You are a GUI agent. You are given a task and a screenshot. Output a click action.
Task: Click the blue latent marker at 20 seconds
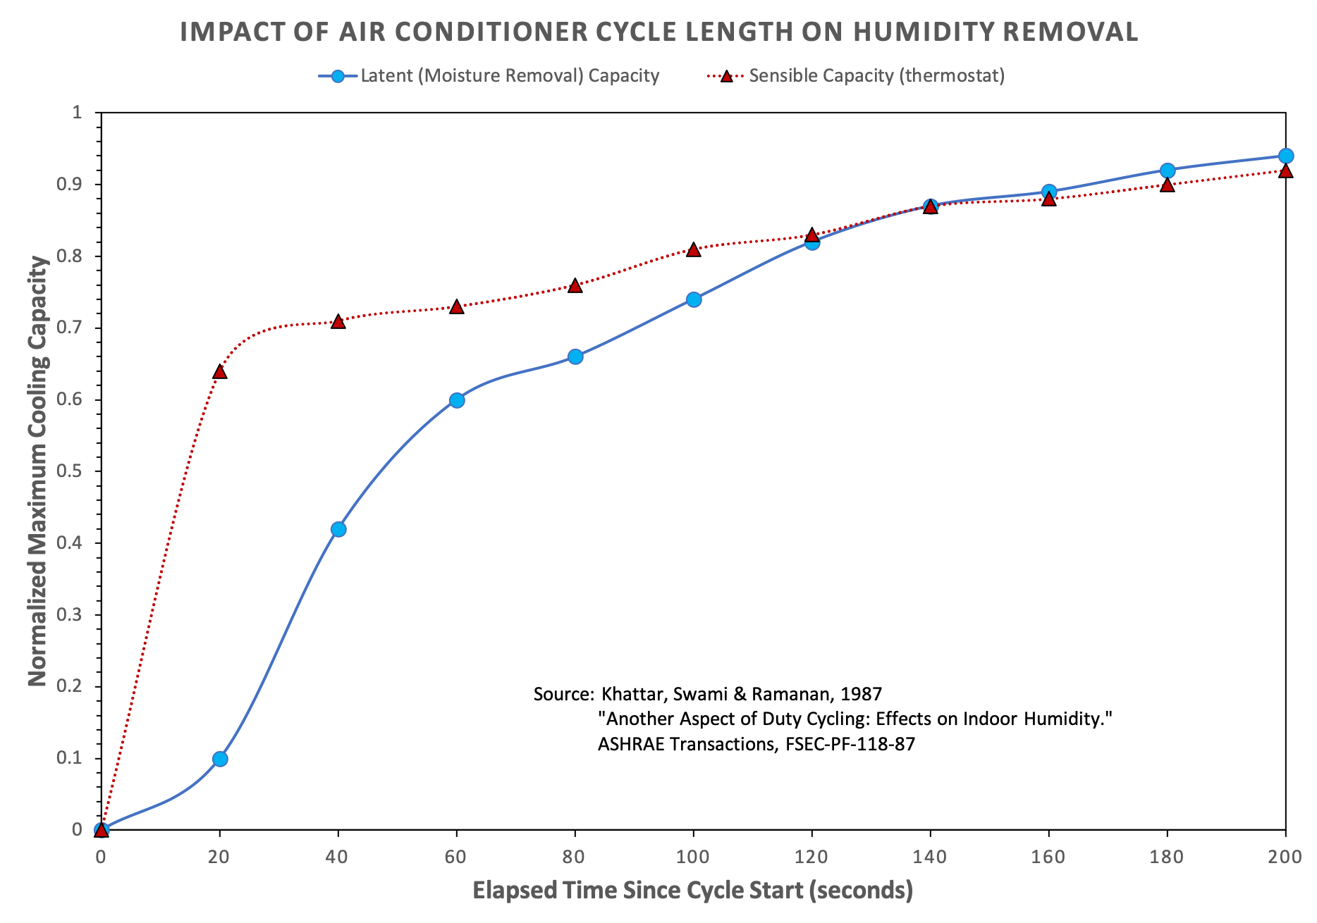220,759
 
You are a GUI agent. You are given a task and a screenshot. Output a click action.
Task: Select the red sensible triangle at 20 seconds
220,371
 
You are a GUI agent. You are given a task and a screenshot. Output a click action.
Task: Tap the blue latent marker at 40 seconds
338,529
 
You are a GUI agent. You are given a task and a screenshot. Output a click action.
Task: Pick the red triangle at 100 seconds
694,249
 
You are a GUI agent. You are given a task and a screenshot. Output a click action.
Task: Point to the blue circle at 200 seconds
1286,156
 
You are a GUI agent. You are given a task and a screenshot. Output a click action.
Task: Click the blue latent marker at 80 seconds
575,357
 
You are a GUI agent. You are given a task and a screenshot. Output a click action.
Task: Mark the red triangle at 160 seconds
1049,199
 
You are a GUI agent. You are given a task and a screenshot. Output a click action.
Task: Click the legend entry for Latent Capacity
509,76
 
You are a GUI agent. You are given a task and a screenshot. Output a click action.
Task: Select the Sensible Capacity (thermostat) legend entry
876,76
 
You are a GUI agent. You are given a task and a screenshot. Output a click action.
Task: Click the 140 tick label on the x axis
931,857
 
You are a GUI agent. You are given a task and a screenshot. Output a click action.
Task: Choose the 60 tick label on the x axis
457,857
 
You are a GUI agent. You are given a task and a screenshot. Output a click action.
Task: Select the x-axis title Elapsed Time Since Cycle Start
692,891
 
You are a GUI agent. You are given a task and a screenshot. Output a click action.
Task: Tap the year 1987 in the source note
861,694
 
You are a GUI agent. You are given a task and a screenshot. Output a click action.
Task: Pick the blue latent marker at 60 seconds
457,400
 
